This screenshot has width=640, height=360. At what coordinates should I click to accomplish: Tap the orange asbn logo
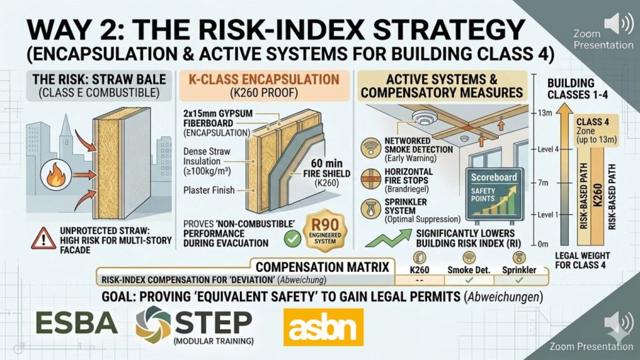click(319, 326)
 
